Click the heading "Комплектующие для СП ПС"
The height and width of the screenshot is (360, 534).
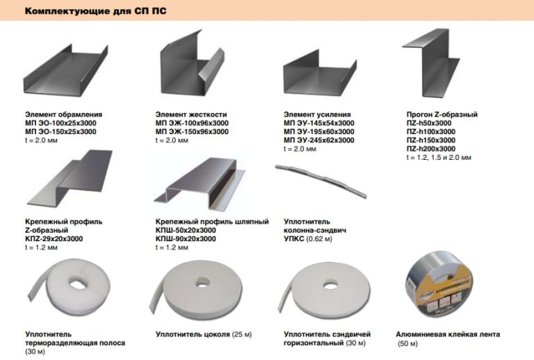coord(96,11)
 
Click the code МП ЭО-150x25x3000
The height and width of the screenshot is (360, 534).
coord(60,131)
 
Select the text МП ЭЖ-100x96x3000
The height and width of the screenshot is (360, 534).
coord(192,123)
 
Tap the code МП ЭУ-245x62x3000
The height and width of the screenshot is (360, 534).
coord(319,140)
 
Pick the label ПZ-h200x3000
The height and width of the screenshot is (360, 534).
coord(431,149)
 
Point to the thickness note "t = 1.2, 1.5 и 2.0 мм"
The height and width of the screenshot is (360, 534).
coord(439,158)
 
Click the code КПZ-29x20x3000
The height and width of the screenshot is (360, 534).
coord(54,239)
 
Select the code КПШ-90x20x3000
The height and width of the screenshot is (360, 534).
coord(186,239)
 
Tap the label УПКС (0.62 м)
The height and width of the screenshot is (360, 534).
coord(308,239)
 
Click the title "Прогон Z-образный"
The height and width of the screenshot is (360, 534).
coord(442,115)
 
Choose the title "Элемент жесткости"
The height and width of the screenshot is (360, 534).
coord(191,115)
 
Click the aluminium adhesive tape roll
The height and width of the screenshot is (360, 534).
coord(439,284)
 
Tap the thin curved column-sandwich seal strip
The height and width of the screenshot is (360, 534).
coord(321,180)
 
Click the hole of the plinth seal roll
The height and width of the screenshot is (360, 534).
coord(202,282)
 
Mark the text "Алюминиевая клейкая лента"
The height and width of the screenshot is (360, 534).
coord(448,334)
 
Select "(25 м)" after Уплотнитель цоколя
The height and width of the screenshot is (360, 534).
coord(242,334)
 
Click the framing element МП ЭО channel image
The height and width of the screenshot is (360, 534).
coord(66,70)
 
